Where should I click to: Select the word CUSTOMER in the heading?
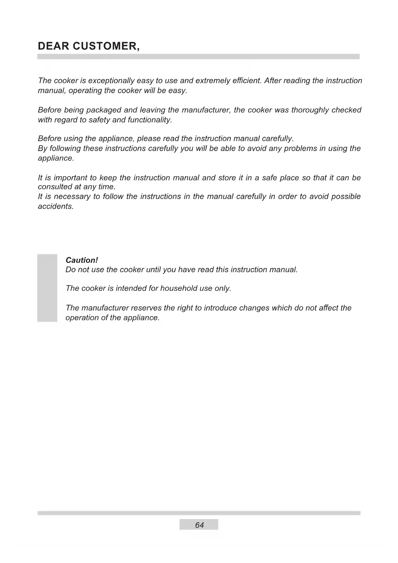pos(106,46)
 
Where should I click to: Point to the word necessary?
pos(72,196)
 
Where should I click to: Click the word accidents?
pos(56,206)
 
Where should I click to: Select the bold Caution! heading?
pos(81,260)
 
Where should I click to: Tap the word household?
pos(179,288)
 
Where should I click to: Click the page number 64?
pos(199,525)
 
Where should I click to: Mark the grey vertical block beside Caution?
pos(47,288)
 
